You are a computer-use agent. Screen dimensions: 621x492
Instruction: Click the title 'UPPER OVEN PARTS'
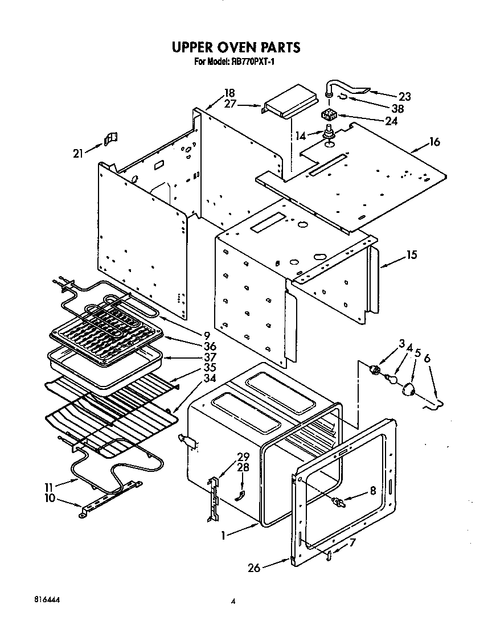(x=236, y=47)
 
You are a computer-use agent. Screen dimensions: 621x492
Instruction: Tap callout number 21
(x=79, y=153)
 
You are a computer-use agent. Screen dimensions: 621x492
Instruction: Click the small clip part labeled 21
(x=110, y=138)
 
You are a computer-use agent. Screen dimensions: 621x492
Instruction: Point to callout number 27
(x=229, y=104)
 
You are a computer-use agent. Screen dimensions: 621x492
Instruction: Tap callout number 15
(x=411, y=254)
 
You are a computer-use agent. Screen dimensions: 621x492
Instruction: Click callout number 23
(x=405, y=96)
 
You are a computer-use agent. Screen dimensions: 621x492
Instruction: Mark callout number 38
(x=405, y=108)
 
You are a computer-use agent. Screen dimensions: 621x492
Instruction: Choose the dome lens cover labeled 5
(x=409, y=390)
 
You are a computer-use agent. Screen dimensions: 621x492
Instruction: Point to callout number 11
(x=49, y=487)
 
